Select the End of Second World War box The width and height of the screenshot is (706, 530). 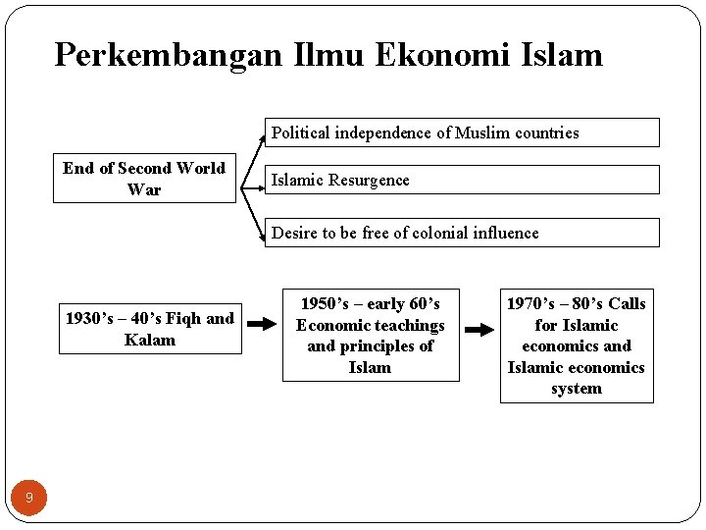click(x=144, y=179)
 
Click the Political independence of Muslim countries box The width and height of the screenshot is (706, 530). click(x=462, y=132)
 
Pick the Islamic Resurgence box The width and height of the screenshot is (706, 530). click(x=462, y=180)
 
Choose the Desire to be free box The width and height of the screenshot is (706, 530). click(x=462, y=233)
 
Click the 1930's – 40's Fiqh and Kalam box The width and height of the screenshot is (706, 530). click(x=150, y=329)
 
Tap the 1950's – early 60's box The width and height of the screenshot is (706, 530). click(x=371, y=336)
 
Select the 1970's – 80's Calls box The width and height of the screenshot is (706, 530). click(x=577, y=346)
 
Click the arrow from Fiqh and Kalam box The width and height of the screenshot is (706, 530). click(x=262, y=322)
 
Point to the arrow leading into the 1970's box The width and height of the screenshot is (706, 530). click(x=479, y=330)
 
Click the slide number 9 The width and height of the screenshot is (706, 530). click(x=29, y=499)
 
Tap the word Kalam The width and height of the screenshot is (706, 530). click(x=150, y=341)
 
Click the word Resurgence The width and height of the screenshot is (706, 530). click(x=370, y=181)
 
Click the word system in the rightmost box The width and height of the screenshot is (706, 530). click(x=577, y=389)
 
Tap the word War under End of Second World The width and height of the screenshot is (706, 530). click(x=144, y=189)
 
